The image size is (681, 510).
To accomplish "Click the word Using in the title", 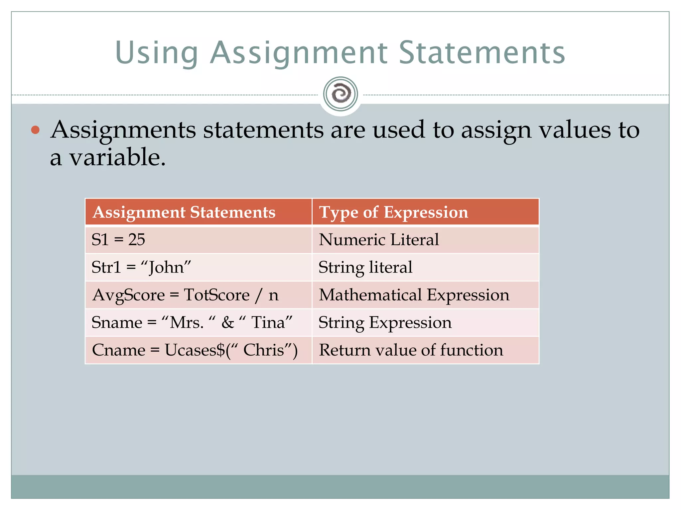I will [x=156, y=53].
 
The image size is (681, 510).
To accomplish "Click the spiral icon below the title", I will [x=340, y=94].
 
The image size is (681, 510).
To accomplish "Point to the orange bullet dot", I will [x=35, y=130].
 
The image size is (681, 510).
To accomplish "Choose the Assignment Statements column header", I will [x=184, y=212].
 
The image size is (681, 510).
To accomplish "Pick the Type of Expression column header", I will [x=393, y=212].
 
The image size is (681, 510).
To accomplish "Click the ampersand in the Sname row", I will [x=228, y=322].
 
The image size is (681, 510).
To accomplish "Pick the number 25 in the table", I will [x=137, y=240].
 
